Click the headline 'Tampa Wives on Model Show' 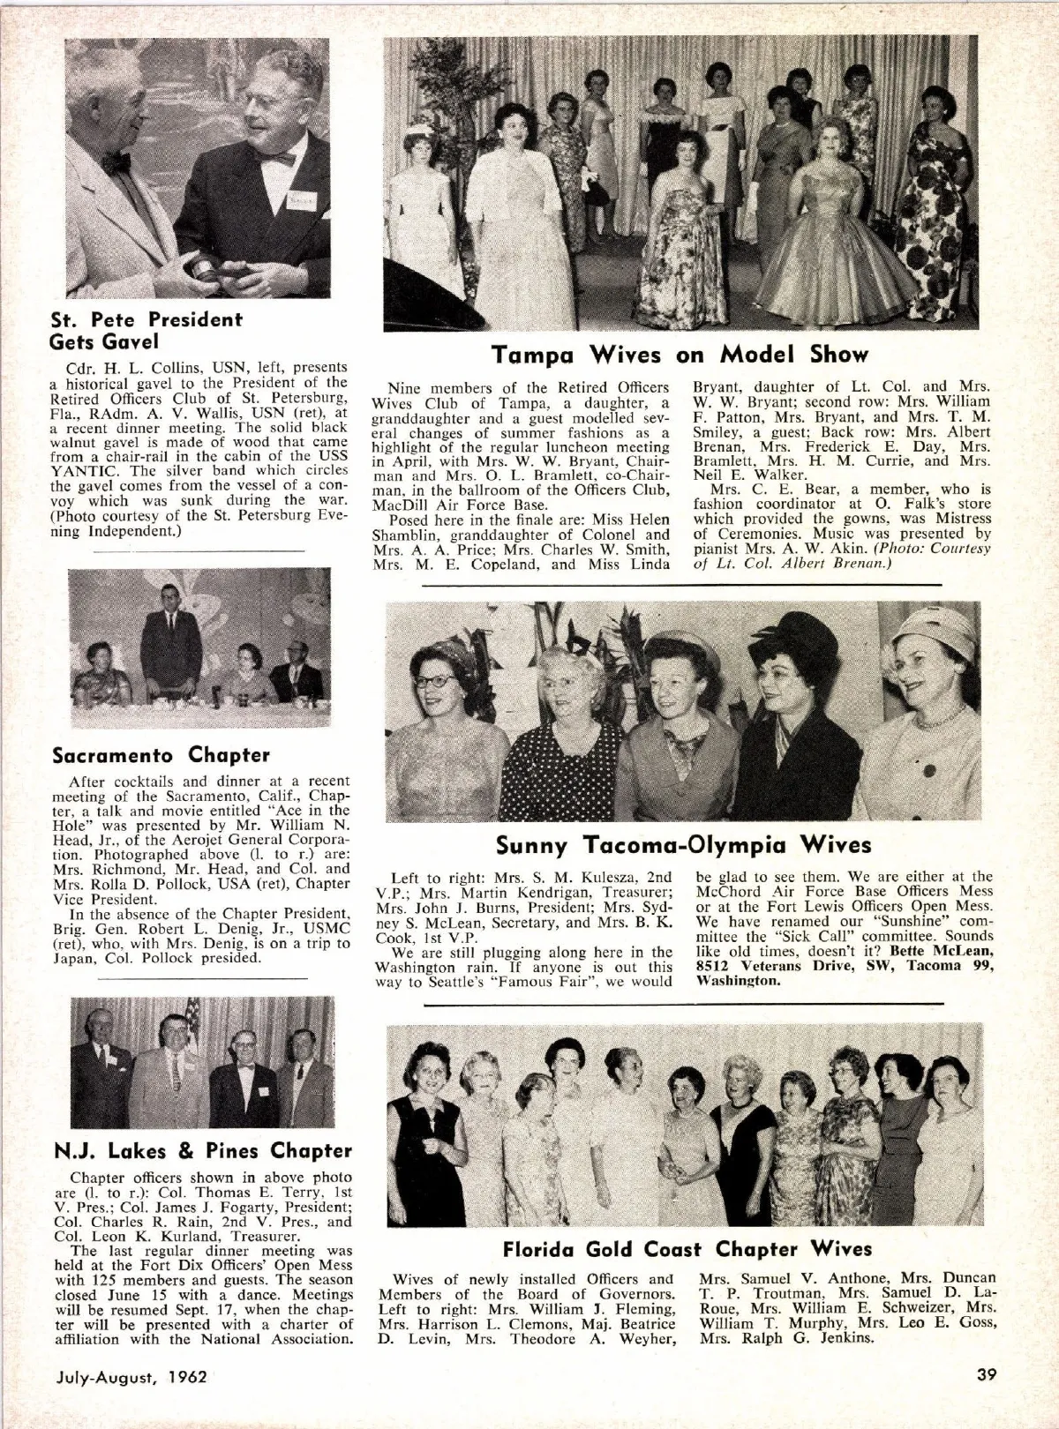680,355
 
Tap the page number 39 988,1375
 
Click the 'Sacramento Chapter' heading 161,755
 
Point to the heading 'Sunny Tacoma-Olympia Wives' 683,846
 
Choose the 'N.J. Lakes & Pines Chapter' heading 203,1150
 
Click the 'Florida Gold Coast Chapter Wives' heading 687,1249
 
